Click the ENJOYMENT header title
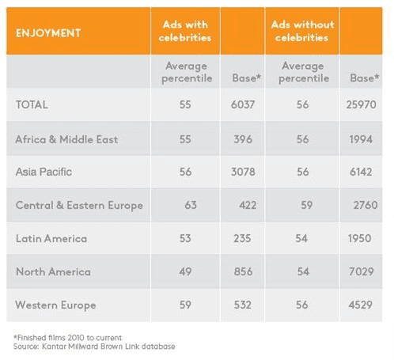point(48,33)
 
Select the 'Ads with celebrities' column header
point(185,31)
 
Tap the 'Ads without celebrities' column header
point(302,31)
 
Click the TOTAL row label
point(32,104)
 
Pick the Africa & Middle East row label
point(66,139)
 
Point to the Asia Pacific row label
point(44,172)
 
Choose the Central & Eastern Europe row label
point(79,206)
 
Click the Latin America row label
point(51,239)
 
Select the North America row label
point(53,271)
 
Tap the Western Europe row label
point(55,305)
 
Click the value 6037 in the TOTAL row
point(243,104)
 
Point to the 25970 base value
point(361,104)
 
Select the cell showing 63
point(191,205)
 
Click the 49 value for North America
point(185,271)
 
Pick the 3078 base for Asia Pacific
point(243,172)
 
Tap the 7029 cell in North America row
point(361,271)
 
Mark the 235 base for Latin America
point(242,239)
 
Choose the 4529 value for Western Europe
point(360,305)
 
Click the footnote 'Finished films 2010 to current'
point(68,338)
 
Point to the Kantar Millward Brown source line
point(94,347)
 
